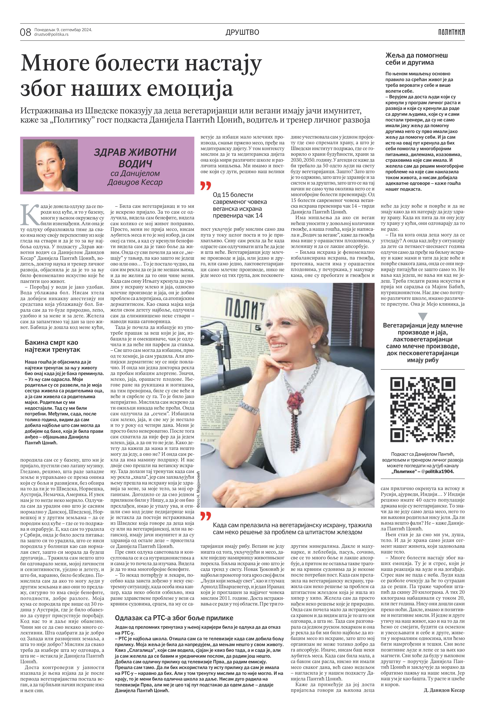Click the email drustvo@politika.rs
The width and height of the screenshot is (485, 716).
51,34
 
